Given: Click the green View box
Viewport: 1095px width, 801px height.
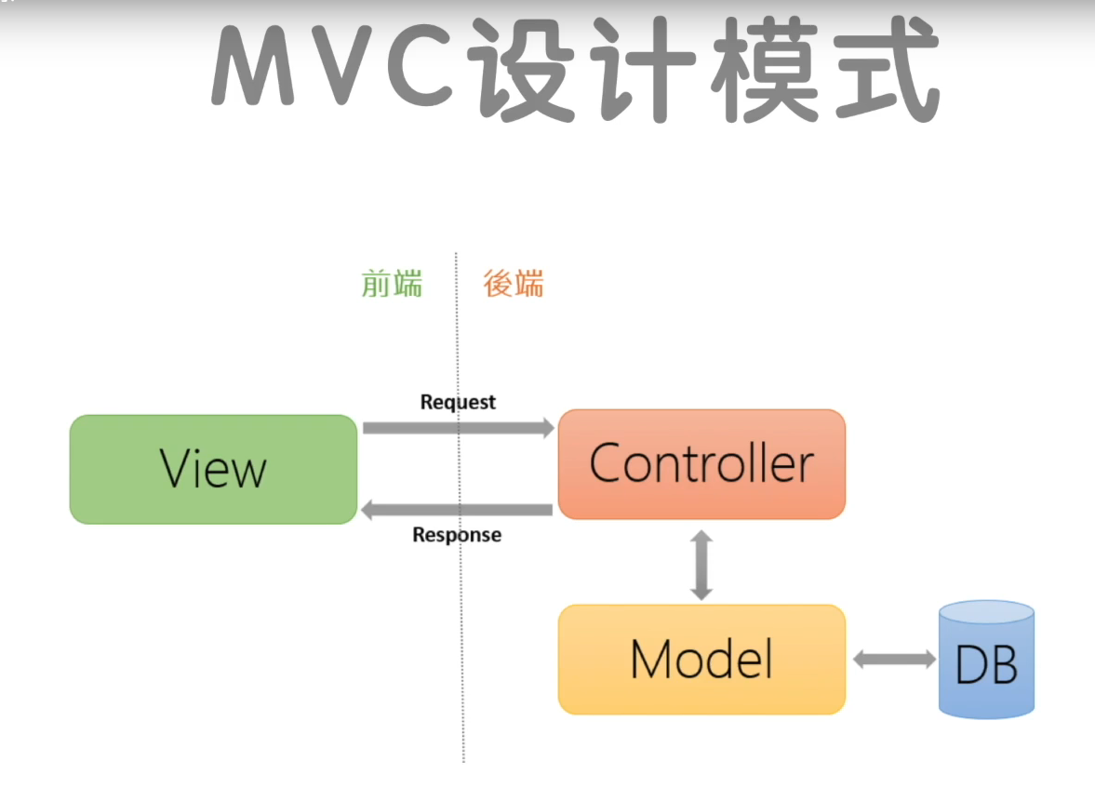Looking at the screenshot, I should pyautogui.click(x=213, y=469).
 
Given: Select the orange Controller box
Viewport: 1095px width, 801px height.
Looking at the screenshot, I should pyautogui.click(x=701, y=463).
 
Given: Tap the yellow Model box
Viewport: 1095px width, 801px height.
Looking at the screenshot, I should pyautogui.click(x=701, y=659).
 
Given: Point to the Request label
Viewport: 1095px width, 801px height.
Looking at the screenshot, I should pyautogui.click(x=458, y=402).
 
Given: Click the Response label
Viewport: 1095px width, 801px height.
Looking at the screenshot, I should pyautogui.click(x=456, y=535).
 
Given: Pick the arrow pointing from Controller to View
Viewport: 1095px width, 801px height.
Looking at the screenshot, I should pyautogui.click(x=456, y=509).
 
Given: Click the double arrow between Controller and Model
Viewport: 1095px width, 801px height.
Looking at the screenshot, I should pyautogui.click(x=701, y=564).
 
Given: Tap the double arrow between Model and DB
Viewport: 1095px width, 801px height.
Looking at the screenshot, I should pyautogui.click(x=894, y=660).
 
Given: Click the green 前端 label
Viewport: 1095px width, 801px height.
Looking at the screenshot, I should pyautogui.click(x=392, y=283).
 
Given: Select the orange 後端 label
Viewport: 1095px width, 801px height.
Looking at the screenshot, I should pyautogui.click(x=514, y=283).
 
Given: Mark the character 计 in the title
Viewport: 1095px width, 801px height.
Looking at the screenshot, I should pyautogui.click(x=642, y=70).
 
